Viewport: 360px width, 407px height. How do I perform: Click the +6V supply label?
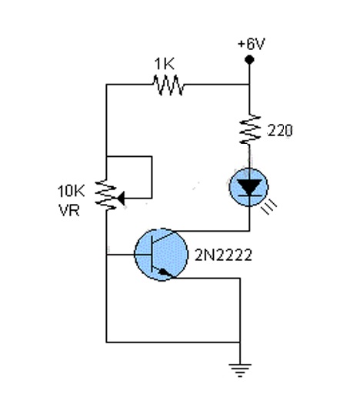(x=251, y=44)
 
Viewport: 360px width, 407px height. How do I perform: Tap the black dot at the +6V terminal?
(x=249, y=60)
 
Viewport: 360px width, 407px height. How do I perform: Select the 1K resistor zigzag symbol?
(x=168, y=85)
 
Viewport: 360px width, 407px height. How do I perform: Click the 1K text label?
(x=165, y=64)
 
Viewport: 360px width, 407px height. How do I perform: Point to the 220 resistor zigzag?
(x=250, y=129)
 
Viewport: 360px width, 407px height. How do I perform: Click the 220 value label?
(x=280, y=131)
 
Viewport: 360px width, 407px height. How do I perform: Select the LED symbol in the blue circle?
(x=249, y=187)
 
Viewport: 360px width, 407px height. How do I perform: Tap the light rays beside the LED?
(x=270, y=207)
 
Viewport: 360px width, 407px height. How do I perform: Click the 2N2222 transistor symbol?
(x=162, y=255)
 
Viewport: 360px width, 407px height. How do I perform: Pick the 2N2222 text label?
(x=223, y=255)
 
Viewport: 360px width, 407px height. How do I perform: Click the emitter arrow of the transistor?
(x=165, y=272)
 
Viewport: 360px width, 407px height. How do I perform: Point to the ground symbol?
(x=240, y=370)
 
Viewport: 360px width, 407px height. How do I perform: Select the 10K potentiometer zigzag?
(x=105, y=195)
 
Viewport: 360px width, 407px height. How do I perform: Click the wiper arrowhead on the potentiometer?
(x=121, y=198)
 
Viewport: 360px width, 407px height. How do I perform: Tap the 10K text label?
(x=71, y=192)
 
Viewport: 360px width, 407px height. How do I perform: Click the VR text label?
(x=69, y=210)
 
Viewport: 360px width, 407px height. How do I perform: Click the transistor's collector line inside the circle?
(x=163, y=237)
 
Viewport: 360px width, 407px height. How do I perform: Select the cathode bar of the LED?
(x=249, y=196)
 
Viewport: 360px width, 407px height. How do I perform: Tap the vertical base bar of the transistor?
(x=152, y=255)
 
